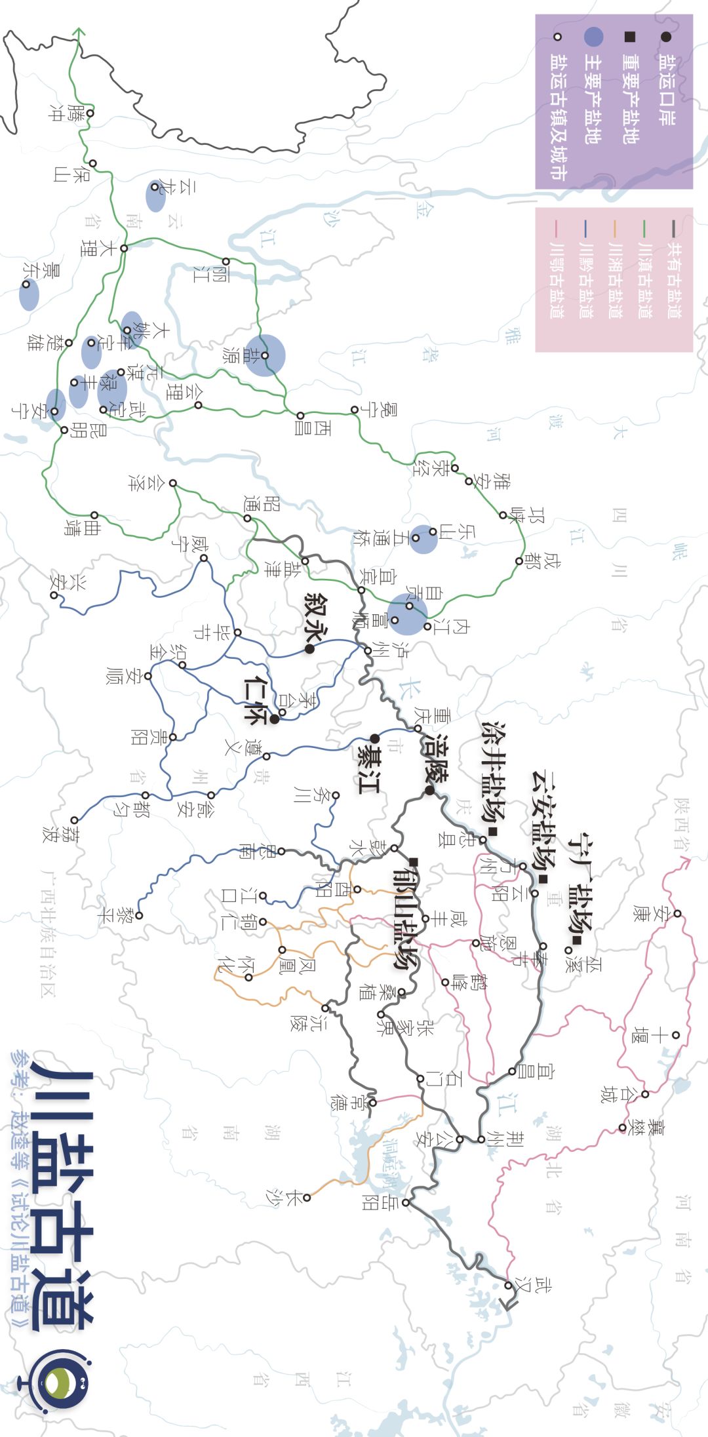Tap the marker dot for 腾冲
(90, 113)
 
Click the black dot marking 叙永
(309, 649)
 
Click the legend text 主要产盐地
(593, 98)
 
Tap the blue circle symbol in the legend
(593, 37)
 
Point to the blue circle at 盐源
(265, 355)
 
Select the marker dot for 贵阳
(172, 737)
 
